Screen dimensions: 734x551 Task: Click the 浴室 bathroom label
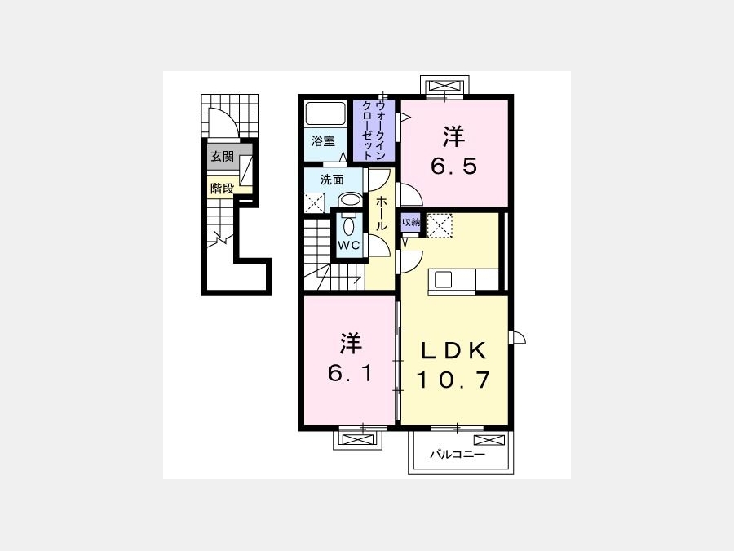[x=324, y=140]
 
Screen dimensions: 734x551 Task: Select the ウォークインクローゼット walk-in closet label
[x=374, y=131]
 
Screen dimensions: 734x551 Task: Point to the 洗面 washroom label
[x=332, y=180]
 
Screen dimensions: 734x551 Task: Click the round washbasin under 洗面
[x=349, y=200]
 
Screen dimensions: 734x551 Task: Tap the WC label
[x=349, y=245]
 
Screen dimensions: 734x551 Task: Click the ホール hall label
[x=382, y=213]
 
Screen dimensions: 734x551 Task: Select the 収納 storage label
[x=410, y=222]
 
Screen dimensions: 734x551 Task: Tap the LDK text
[x=453, y=350]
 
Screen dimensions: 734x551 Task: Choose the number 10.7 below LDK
[x=453, y=380]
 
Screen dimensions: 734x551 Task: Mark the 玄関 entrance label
[x=222, y=156]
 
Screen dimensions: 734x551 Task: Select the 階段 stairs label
[x=222, y=189]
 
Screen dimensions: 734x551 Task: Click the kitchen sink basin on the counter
[x=443, y=280]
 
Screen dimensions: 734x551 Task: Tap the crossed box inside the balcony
[x=489, y=440]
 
